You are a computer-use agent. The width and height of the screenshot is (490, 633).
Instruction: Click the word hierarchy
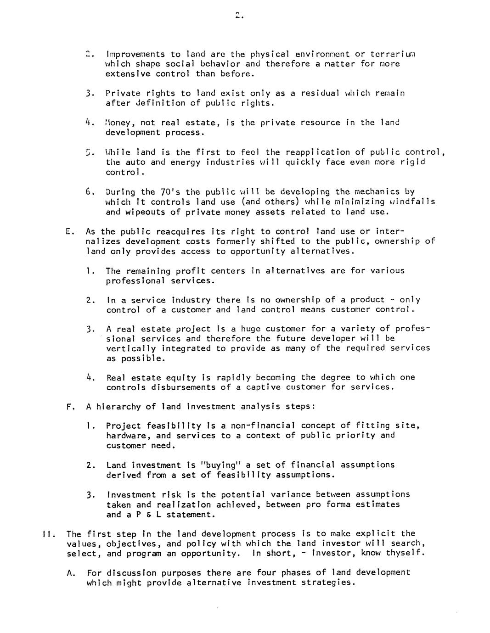point(118,407)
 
